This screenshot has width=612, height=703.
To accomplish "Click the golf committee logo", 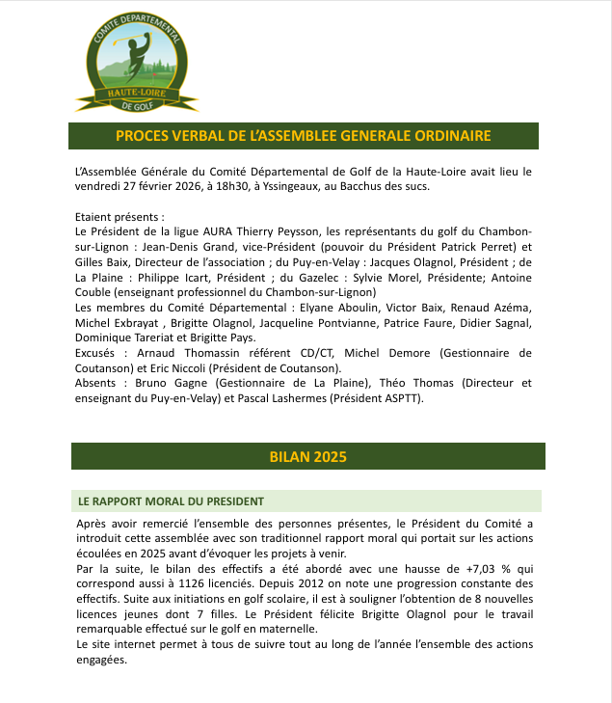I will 136,60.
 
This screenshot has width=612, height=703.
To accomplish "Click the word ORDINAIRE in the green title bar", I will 439,135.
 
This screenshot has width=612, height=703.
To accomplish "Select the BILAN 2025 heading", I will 308,455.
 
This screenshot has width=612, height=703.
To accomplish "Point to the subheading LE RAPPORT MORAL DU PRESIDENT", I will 172,501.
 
